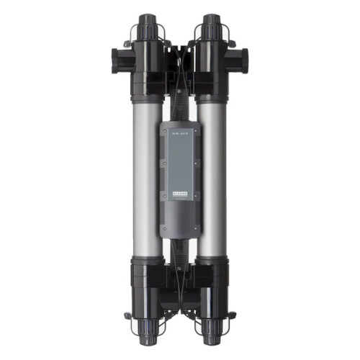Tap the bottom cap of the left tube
pyautogui.click(x=150, y=338)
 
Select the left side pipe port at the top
pyautogui.click(x=119, y=55)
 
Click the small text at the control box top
pyautogui.click(x=179, y=131)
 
